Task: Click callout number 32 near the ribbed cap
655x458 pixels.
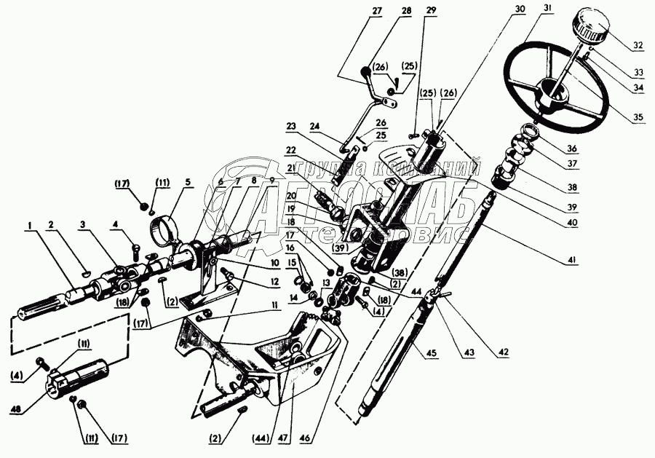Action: (x=638, y=45)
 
